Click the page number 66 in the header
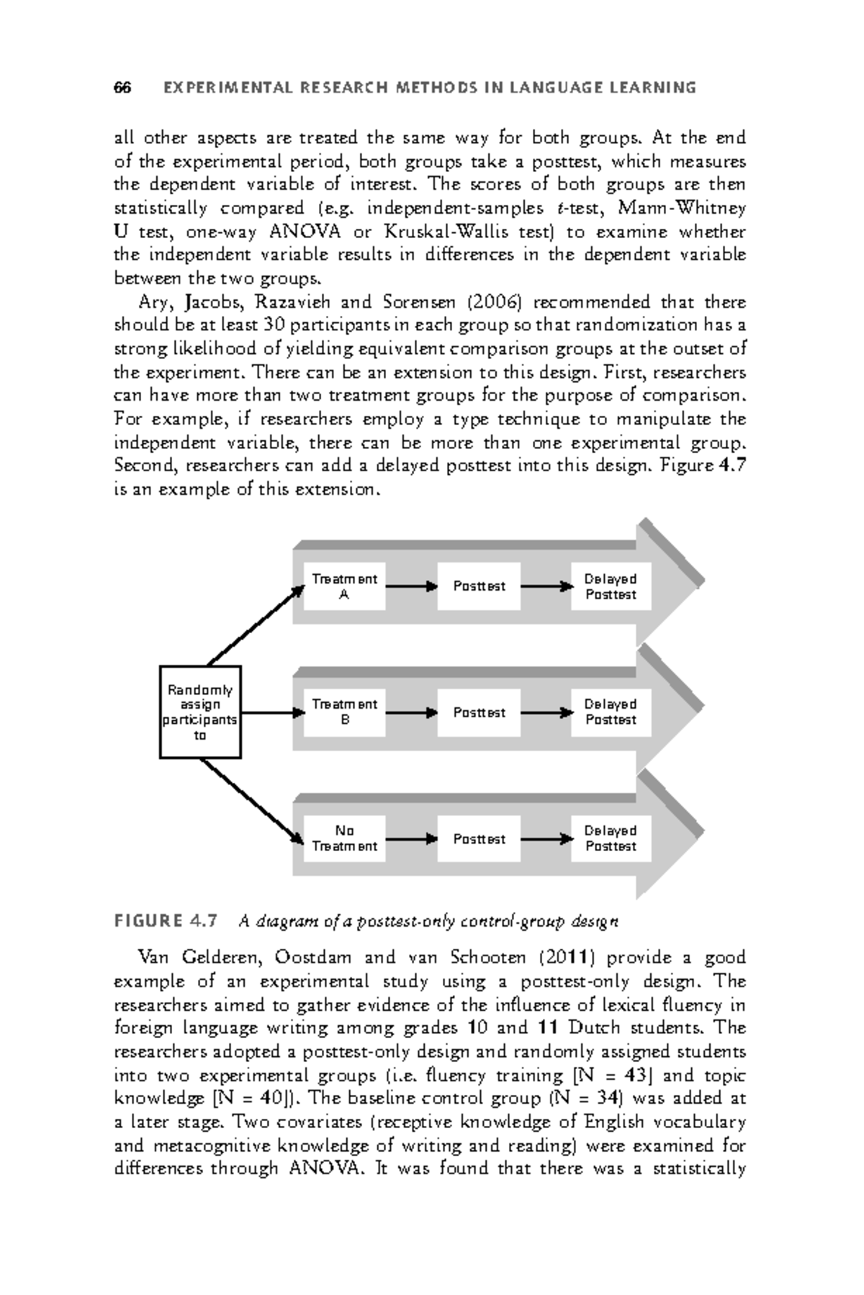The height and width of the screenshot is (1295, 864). click(122, 88)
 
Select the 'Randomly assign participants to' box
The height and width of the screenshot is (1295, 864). click(200, 712)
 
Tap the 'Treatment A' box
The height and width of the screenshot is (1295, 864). click(344, 587)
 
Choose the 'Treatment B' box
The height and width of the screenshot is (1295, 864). click(344, 712)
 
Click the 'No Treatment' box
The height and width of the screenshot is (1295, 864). click(344, 839)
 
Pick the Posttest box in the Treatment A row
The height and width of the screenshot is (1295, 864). click(479, 587)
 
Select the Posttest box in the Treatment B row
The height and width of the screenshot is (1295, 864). click(479, 712)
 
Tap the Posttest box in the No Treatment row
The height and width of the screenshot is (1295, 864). click(479, 839)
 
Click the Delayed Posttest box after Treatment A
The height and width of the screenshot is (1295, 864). click(611, 587)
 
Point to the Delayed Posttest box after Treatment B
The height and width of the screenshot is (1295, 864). click(611, 712)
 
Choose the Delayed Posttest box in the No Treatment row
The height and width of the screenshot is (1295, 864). click(611, 839)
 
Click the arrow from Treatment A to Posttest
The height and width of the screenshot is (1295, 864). click(411, 586)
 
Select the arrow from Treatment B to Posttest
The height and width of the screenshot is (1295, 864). click(411, 713)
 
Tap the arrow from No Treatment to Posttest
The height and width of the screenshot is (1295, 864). click(411, 839)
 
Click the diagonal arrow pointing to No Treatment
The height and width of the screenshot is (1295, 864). click(251, 800)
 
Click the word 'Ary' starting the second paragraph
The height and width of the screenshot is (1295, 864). click(153, 302)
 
